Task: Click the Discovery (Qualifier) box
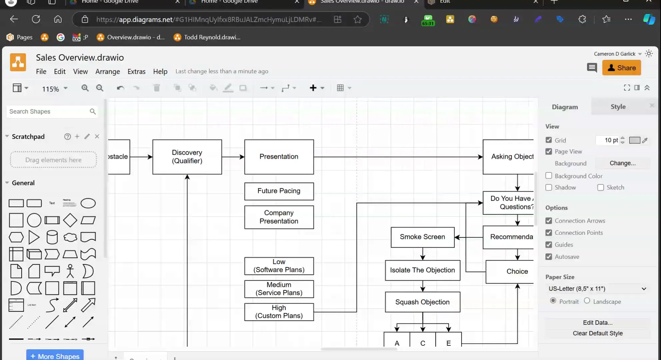coord(187,157)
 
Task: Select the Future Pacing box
coord(279,191)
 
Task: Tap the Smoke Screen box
coord(422,237)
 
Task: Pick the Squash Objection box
coord(422,302)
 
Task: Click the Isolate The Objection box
coord(422,270)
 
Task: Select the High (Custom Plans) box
coord(279,312)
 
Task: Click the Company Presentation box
coord(279,217)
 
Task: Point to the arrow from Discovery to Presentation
coord(233,157)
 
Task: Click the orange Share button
coord(621,68)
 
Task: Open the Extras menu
coord(136,72)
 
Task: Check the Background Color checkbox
coord(549,176)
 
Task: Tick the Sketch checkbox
coord(601,187)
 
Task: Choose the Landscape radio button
coord(587,301)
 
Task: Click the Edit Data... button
coord(597,323)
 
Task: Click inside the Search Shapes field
coord(48,112)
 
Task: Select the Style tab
coord(618,107)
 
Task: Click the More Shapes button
coord(55,356)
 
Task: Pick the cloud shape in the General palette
coord(70,237)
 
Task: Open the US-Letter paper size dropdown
coord(597,289)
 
